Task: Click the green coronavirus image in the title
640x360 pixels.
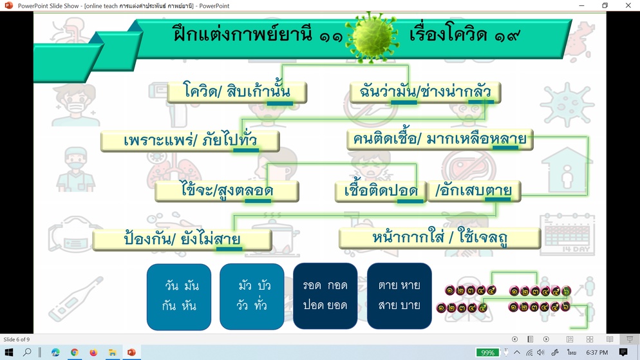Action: click(x=372, y=37)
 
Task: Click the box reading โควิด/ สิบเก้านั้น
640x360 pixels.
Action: click(x=237, y=92)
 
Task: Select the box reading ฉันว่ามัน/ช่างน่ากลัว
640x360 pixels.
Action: click(x=425, y=92)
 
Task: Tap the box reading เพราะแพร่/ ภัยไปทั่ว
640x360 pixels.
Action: click(x=190, y=141)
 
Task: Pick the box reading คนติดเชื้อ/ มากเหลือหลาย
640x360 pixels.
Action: click(x=440, y=140)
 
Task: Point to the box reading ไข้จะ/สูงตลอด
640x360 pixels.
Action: click(x=227, y=191)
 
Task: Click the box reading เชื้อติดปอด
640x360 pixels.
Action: click(x=381, y=191)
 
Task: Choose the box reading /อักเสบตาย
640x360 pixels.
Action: click(x=474, y=191)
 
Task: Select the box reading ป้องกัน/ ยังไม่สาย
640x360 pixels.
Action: click(x=182, y=239)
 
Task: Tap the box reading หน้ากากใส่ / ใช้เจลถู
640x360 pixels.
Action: click(x=440, y=238)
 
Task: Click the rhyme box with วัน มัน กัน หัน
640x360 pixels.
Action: click(x=179, y=296)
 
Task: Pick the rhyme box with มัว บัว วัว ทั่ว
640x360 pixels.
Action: click(x=252, y=296)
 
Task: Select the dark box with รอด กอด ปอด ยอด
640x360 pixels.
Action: click(x=325, y=296)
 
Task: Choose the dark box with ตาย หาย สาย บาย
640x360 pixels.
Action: click(x=399, y=296)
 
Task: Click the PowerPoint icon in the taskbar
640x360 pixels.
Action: click(x=131, y=352)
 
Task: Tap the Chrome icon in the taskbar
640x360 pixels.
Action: click(x=74, y=352)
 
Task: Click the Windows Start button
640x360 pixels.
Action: click(x=8, y=352)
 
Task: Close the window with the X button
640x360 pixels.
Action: click(x=628, y=5)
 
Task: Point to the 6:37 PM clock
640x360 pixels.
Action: click(x=597, y=352)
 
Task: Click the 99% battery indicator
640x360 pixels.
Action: click(x=487, y=353)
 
